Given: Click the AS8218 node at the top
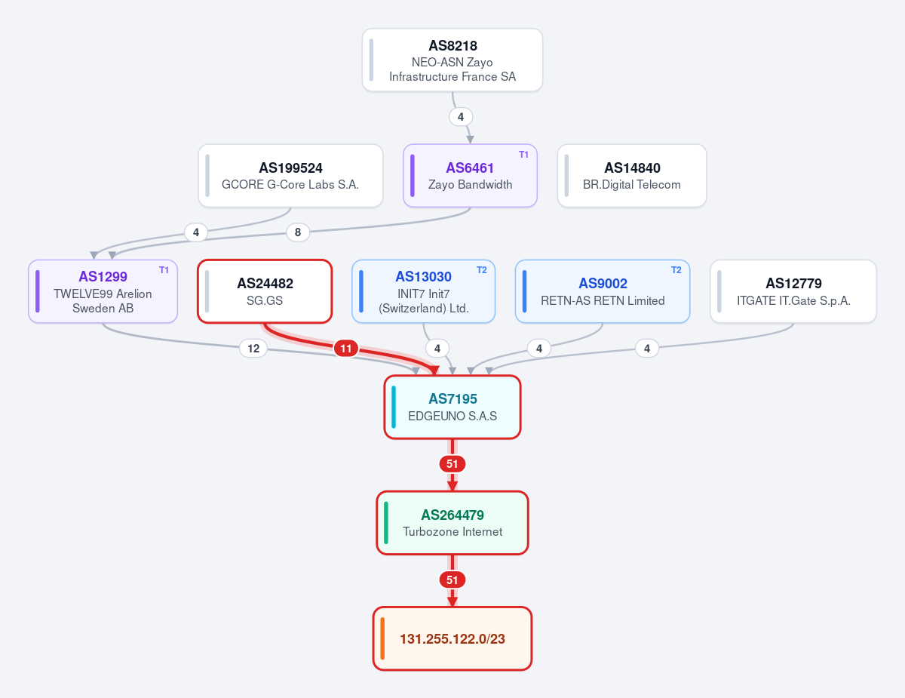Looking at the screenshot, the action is click(452, 60).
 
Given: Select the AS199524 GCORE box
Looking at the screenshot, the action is click(290, 175).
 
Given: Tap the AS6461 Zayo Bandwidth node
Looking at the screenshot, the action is click(470, 175).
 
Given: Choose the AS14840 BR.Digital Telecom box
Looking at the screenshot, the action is click(632, 175).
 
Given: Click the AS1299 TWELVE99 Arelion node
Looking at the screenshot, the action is click(103, 291).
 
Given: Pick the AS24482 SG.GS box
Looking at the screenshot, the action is click(265, 291).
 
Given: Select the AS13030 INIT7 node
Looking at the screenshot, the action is click(424, 291).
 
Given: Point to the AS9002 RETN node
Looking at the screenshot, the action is click(603, 291).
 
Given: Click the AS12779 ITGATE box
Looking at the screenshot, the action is click(793, 291).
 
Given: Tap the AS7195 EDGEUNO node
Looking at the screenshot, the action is click(452, 407).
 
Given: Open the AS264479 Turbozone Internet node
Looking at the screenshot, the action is click(452, 523).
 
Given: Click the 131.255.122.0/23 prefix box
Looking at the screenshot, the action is click(452, 638).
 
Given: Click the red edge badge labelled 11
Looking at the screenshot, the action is click(346, 349).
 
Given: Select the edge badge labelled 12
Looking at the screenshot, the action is click(253, 349).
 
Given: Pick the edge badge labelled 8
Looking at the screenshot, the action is click(298, 232).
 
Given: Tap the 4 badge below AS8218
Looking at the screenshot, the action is click(461, 117).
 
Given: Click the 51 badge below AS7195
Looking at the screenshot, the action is click(452, 464).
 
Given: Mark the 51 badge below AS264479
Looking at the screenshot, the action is click(452, 580).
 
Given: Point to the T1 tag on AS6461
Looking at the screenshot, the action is click(523, 155).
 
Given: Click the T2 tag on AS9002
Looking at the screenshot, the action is click(676, 270).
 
